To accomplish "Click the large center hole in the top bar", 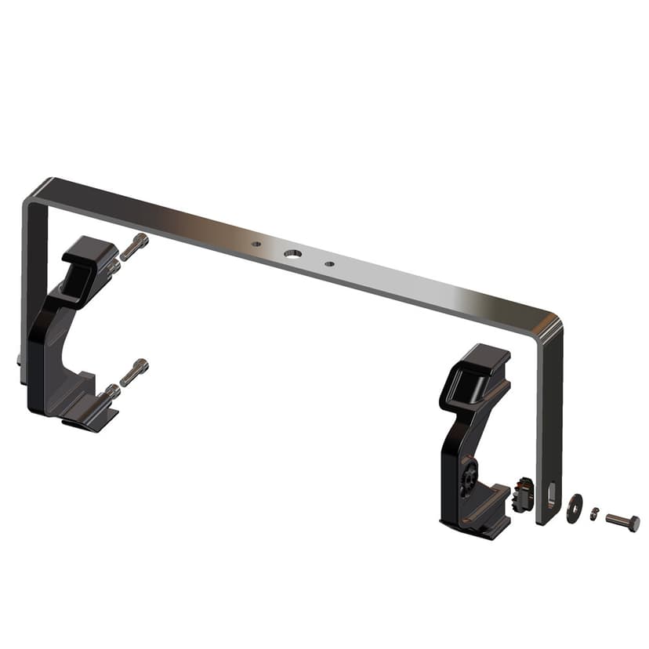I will [292, 253].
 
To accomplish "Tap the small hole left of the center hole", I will [256, 245].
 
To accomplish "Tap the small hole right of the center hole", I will [329, 263].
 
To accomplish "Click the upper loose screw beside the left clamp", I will [135, 245].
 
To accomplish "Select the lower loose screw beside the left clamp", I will [135, 371].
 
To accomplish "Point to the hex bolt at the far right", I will [622, 521].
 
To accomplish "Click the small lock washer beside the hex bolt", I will [595, 513].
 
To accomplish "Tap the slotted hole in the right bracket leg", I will [551, 495].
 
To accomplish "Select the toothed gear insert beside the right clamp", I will [521, 496].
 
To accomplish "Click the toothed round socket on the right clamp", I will [470, 477].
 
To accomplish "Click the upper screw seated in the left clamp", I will [113, 266].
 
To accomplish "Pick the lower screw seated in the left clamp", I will [111, 390].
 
